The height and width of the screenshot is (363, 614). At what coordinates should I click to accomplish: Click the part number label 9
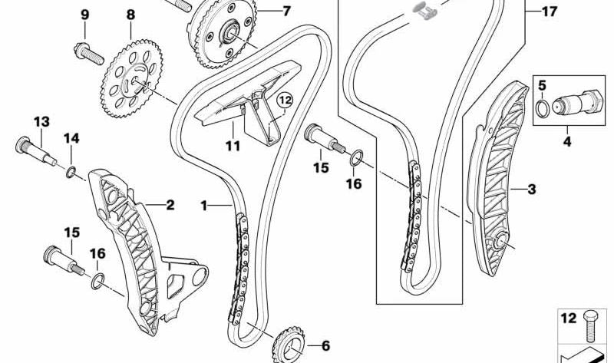pos(84,15)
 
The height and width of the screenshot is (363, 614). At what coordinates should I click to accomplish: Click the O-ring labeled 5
pos(543,109)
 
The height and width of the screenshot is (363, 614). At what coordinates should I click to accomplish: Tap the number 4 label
pos(567,141)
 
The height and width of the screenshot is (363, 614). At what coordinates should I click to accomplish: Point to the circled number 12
pos(285,99)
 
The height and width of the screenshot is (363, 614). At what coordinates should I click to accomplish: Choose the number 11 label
pos(233,145)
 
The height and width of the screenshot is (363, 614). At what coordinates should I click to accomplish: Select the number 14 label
pos(71,138)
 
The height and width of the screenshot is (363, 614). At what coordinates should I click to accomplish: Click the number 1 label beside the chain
pos(204,205)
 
